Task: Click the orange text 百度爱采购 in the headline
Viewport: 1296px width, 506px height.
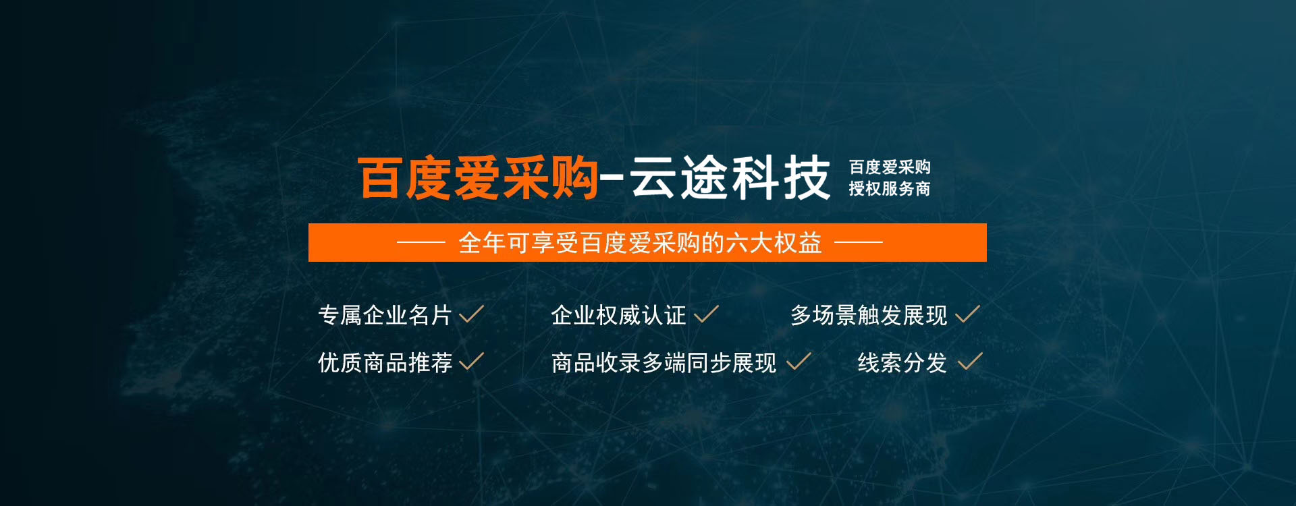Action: (478, 178)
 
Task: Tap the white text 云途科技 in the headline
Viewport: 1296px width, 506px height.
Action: (730, 177)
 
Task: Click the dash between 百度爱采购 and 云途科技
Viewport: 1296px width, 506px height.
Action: (612, 179)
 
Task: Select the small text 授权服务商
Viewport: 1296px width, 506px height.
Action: (890, 189)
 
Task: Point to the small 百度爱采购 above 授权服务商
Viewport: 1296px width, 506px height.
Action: (890, 167)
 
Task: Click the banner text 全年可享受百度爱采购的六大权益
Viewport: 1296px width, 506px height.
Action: (640, 243)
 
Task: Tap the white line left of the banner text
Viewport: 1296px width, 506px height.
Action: (421, 242)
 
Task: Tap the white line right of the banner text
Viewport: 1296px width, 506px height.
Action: (859, 242)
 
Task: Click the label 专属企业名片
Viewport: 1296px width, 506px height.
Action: (385, 315)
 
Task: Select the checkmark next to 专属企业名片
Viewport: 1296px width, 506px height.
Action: (471, 314)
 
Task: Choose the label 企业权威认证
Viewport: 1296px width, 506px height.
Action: (618, 315)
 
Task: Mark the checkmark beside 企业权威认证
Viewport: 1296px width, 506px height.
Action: (706, 314)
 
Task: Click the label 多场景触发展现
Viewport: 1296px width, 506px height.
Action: (869, 315)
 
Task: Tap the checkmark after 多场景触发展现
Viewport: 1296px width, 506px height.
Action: (968, 314)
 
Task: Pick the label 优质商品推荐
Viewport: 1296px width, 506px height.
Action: (385, 363)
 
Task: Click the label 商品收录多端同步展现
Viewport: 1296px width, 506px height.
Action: (664, 363)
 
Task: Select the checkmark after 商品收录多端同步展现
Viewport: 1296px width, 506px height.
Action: (799, 362)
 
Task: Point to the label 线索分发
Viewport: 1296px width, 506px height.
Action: (902, 363)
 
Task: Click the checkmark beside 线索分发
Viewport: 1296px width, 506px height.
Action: (970, 362)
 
